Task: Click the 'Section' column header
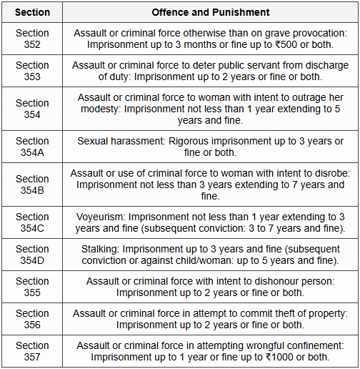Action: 32,12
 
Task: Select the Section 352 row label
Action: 32,39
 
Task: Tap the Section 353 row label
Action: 32,71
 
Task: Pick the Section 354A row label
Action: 32,146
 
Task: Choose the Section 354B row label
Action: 32,184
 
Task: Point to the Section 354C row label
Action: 32,222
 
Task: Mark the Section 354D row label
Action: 32,255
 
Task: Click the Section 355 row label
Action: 32,287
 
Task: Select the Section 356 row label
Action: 32,319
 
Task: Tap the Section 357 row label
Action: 32,351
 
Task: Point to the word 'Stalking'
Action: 102,248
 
